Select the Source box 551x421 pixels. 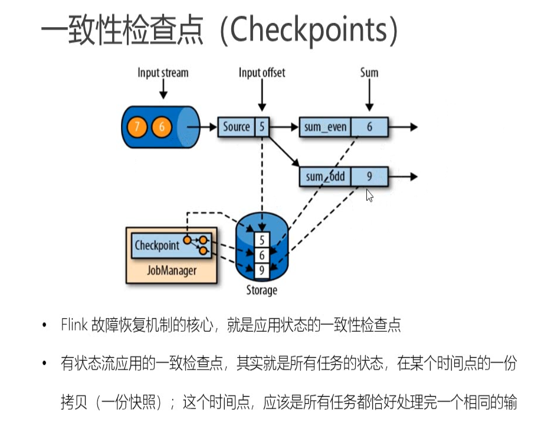tap(236, 127)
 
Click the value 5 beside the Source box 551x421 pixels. tap(262, 127)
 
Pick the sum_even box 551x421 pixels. tap(324, 127)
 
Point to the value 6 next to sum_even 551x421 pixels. tap(369, 127)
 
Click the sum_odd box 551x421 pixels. tap(324, 177)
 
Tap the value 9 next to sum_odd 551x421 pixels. tap(369, 177)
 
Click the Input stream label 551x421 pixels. tap(163, 73)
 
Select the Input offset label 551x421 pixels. tap(261, 73)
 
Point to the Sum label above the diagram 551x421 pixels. tap(369, 73)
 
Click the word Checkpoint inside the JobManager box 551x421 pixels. tap(156, 245)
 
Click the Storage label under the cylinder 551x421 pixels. tap(261, 291)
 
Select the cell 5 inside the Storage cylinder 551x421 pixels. tap(262, 240)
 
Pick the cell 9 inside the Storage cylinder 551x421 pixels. tap(262, 270)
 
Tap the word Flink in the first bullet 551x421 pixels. tap(74, 325)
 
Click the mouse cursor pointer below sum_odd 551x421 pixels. tap(369, 195)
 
